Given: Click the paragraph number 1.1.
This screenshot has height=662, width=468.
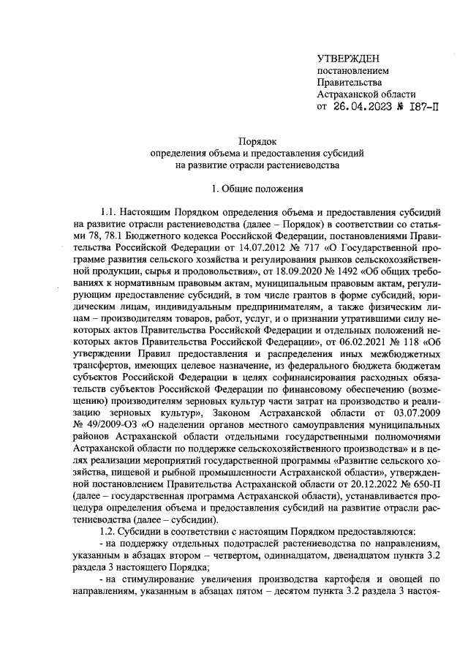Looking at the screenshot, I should [x=110, y=212].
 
